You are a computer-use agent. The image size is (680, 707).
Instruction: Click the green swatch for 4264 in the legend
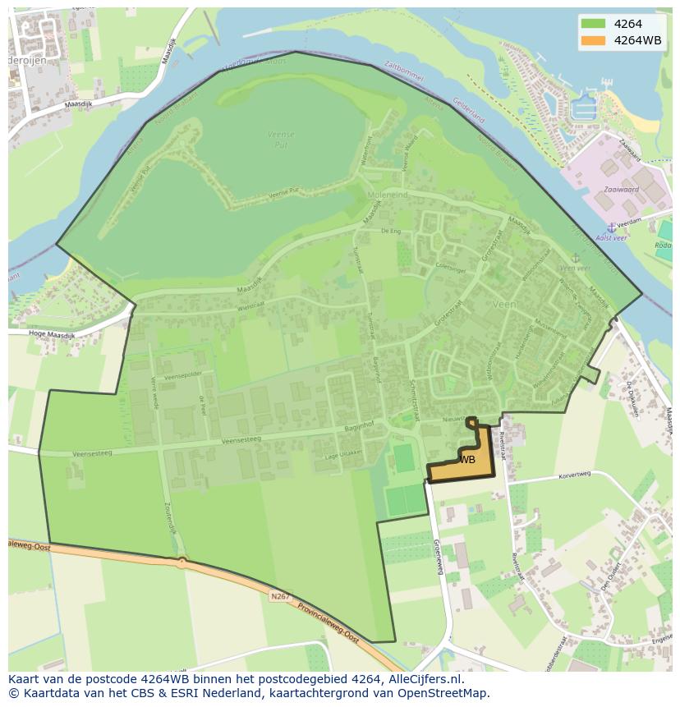tap(593, 24)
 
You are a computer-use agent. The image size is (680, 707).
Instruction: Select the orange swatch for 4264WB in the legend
tap(593, 40)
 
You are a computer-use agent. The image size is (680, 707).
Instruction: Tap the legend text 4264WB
tap(637, 40)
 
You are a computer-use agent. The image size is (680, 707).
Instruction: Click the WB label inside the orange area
tap(467, 460)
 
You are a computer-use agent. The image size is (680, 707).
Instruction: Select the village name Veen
tap(504, 304)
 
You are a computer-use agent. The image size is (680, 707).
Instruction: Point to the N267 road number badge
tap(280, 597)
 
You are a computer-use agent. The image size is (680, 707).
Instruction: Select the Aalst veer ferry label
tap(611, 237)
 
